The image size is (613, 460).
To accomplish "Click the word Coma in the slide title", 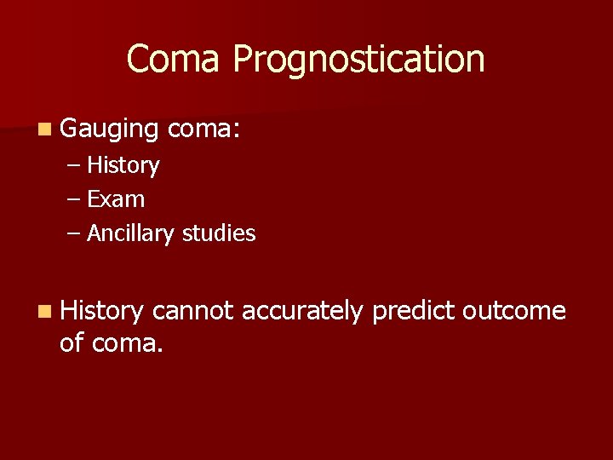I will coord(175,60).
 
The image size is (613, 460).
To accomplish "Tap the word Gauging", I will coord(110,130).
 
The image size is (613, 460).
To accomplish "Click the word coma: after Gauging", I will coord(205,130).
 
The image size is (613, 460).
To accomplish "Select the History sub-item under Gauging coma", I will coord(123,165).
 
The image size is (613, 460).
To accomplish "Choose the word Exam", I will coord(116,199).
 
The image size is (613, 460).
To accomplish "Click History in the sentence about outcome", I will coord(102,312).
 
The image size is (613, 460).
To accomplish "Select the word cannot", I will coord(193,312).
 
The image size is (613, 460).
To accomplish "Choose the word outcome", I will coord(514,312).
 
